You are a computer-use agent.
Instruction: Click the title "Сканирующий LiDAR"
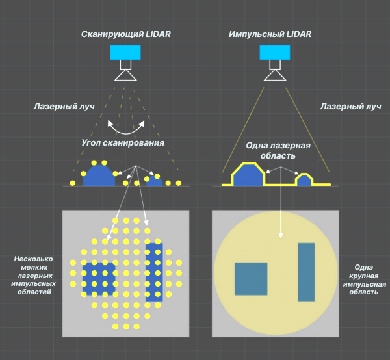coord(125,34)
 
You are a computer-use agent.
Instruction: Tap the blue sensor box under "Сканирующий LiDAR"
coord(125,53)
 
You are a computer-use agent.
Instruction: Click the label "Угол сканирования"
coord(123,142)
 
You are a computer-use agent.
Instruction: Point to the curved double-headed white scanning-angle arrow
coord(126,128)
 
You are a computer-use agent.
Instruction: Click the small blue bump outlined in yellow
coord(304,179)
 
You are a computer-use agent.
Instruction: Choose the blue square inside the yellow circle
coord(251,279)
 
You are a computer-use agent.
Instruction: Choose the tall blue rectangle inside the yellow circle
coord(306,272)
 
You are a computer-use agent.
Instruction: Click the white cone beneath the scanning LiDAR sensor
coord(125,75)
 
